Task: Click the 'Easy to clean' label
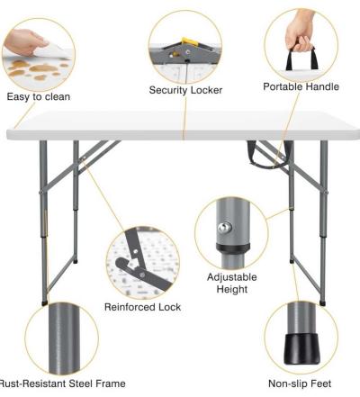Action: coord(38,96)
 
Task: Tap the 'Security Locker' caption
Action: coord(185,90)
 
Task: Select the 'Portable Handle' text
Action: coord(301,87)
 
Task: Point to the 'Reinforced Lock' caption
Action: coord(142,307)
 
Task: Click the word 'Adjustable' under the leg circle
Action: coord(233,276)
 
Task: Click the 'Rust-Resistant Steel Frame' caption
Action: coord(61,383)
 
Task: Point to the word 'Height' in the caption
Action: coord(233,290)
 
